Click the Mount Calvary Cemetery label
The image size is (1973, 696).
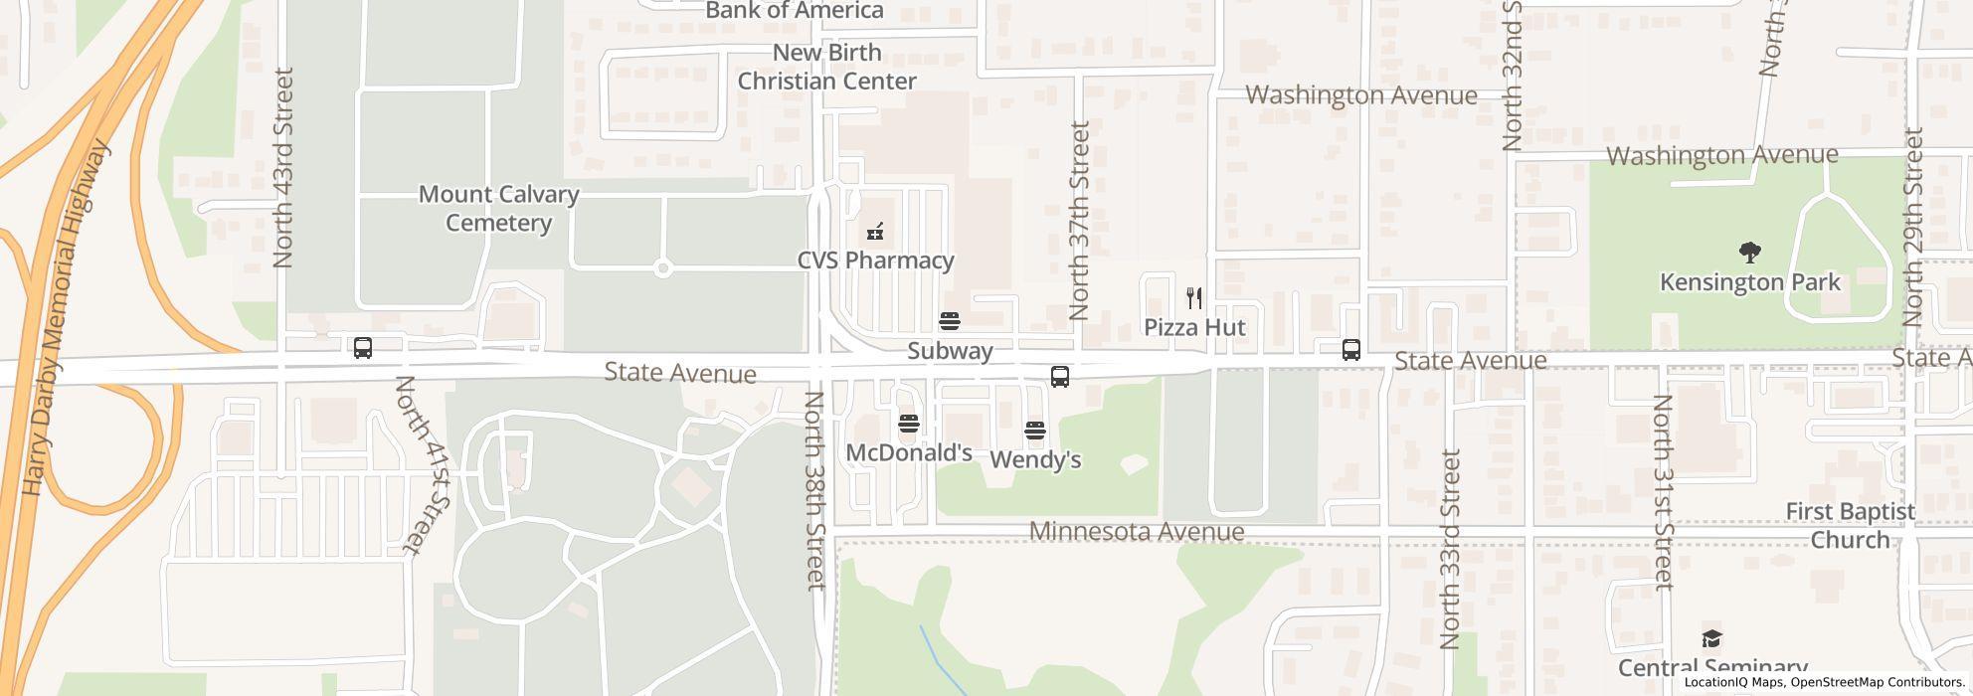pos(498,209)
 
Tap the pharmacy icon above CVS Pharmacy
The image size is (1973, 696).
pos(875,232)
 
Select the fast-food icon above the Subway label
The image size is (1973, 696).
pos(950,321)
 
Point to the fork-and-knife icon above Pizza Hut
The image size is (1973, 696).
pos(1194,297)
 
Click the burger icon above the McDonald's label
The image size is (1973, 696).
pos(908,425)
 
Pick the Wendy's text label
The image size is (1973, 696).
pos(1035,460)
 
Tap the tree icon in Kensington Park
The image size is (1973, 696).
pos(1749,253)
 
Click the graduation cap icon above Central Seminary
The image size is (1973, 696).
pos(1711,638)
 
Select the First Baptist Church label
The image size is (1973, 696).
pos(1850,526)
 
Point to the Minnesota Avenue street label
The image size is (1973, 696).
pos(1137,532)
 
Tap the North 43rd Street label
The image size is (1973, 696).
pos(283,167)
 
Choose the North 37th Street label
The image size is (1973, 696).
pos(1080,220)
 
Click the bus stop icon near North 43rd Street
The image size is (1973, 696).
pos(363,348)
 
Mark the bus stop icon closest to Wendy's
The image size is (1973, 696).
pos(1060,377)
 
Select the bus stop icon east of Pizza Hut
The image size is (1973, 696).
pos(1350,350)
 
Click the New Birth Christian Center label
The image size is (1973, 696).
pos(826,67)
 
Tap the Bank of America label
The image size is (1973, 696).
pos(795,11)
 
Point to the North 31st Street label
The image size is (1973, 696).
pos(1663,491)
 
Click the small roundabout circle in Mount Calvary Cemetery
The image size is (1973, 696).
pos(663,268)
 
